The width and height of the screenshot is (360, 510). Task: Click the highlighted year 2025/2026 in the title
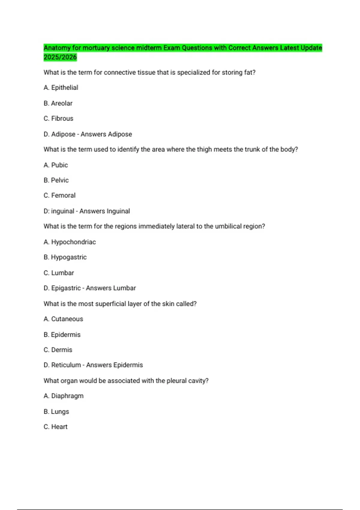tap(60, 57)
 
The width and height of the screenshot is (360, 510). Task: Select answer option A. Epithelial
tap(61, 88)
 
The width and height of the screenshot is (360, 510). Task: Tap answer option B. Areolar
tap(58, 103)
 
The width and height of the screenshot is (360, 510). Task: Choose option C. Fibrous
tap(58, 118)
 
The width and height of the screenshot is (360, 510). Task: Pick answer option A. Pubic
tap(56, 165)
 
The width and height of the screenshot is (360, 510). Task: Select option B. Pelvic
tap(56, 180)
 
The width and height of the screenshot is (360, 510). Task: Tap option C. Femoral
tap(59, 195)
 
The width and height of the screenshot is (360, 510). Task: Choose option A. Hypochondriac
tap(70, 242)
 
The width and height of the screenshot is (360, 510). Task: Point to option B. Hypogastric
tap(65, 257)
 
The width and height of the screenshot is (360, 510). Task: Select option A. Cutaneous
tap(63, 319)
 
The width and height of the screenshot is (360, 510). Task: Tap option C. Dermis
tap(58, 350)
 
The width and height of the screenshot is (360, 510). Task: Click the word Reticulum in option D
tap(66, 365)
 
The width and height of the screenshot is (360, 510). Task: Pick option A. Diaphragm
tap(64, 396)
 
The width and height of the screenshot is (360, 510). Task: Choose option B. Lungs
tap(56, 412)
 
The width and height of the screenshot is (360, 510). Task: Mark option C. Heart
tap(55, 427)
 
